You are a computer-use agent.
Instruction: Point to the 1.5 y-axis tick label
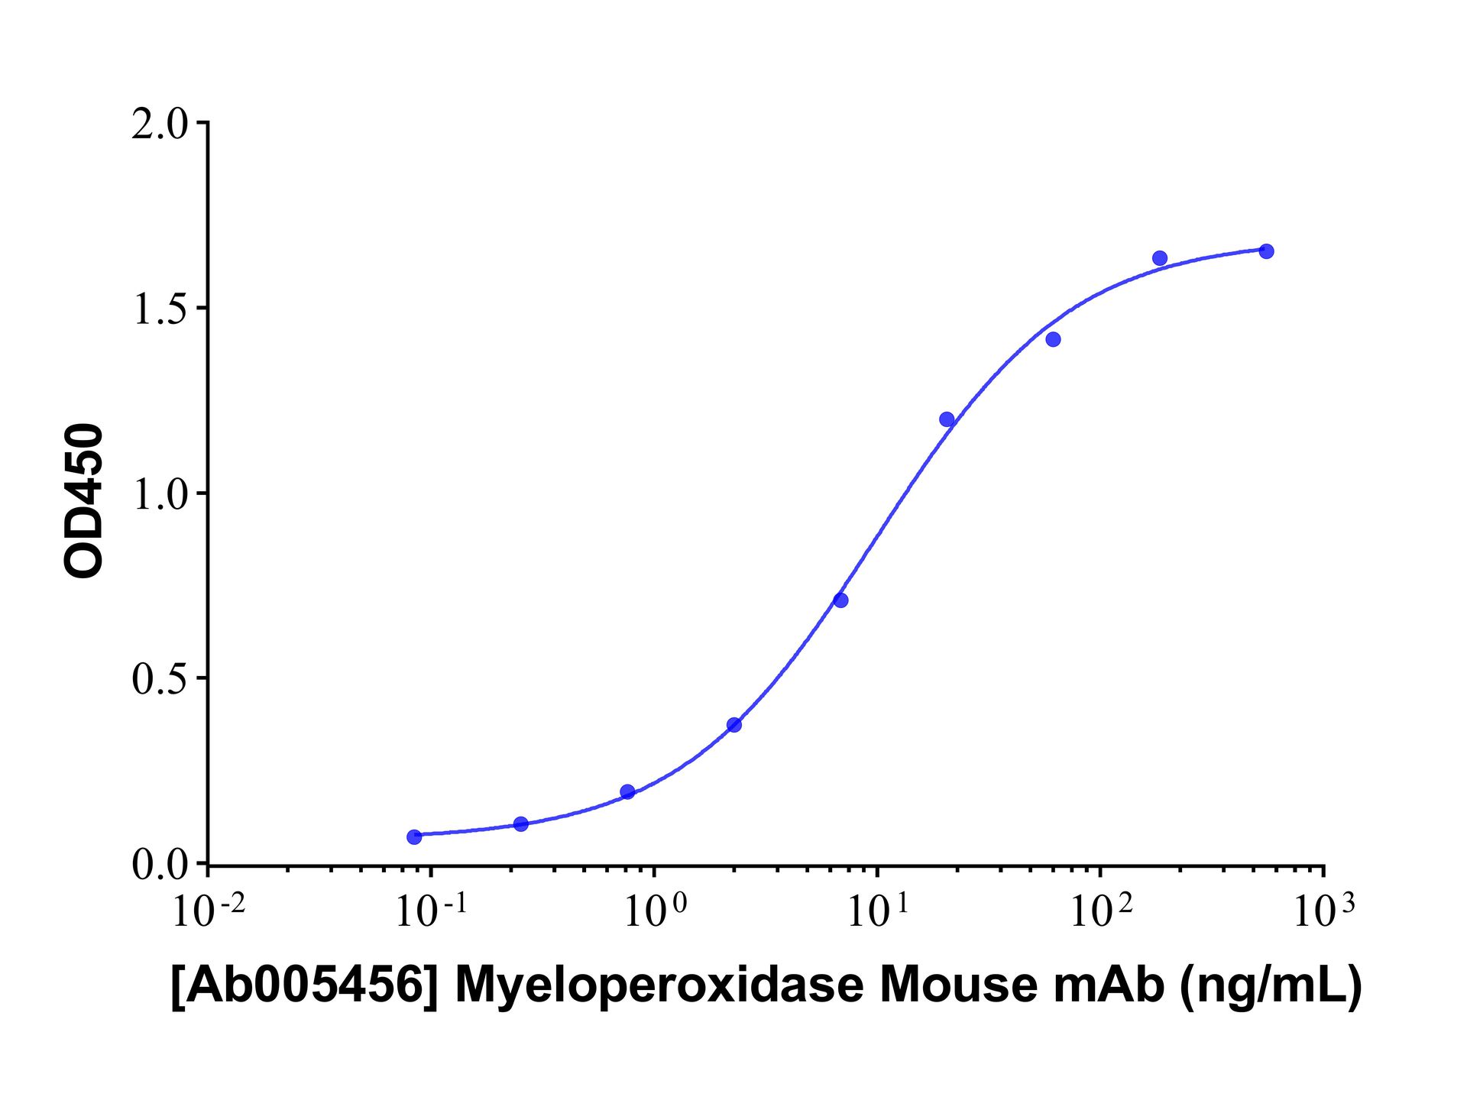159,309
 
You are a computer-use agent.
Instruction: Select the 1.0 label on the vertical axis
159,495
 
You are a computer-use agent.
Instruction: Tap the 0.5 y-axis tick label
159,679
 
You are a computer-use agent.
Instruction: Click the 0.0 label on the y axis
159,865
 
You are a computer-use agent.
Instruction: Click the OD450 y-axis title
83,500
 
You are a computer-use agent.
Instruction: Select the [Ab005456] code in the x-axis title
304,985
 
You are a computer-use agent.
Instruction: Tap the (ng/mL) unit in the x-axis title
1271,985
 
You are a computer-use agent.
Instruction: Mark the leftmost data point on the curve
414,836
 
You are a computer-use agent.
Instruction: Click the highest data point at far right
1266,251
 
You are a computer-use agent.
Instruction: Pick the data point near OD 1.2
947,419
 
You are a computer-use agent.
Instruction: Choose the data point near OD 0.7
840,600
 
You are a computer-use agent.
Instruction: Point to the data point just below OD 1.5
1053,339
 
